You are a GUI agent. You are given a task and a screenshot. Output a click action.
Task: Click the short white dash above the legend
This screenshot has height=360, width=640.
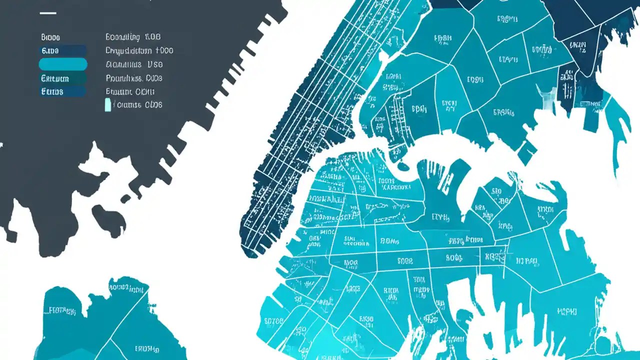click(48, 13)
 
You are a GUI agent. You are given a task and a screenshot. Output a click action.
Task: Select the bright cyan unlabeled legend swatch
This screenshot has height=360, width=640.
click(63, 64)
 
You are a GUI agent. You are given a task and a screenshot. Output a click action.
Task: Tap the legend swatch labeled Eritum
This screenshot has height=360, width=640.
click(62, 78)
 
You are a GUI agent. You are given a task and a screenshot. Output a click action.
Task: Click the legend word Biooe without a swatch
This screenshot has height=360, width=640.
click(50, 37)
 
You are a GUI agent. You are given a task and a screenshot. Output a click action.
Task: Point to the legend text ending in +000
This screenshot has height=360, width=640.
click(139, 50)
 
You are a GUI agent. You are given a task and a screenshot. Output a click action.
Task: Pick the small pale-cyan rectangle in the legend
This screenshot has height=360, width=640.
click(108, 105)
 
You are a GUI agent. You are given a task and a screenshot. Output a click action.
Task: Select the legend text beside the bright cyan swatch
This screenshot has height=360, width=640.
click(133, 64)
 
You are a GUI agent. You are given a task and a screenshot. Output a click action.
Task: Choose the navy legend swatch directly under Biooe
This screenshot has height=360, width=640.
click(62, 50)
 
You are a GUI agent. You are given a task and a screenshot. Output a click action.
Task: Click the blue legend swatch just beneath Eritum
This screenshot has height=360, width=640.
click(62, 91)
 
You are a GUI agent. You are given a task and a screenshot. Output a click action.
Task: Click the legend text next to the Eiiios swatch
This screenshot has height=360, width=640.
click(130, 91)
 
